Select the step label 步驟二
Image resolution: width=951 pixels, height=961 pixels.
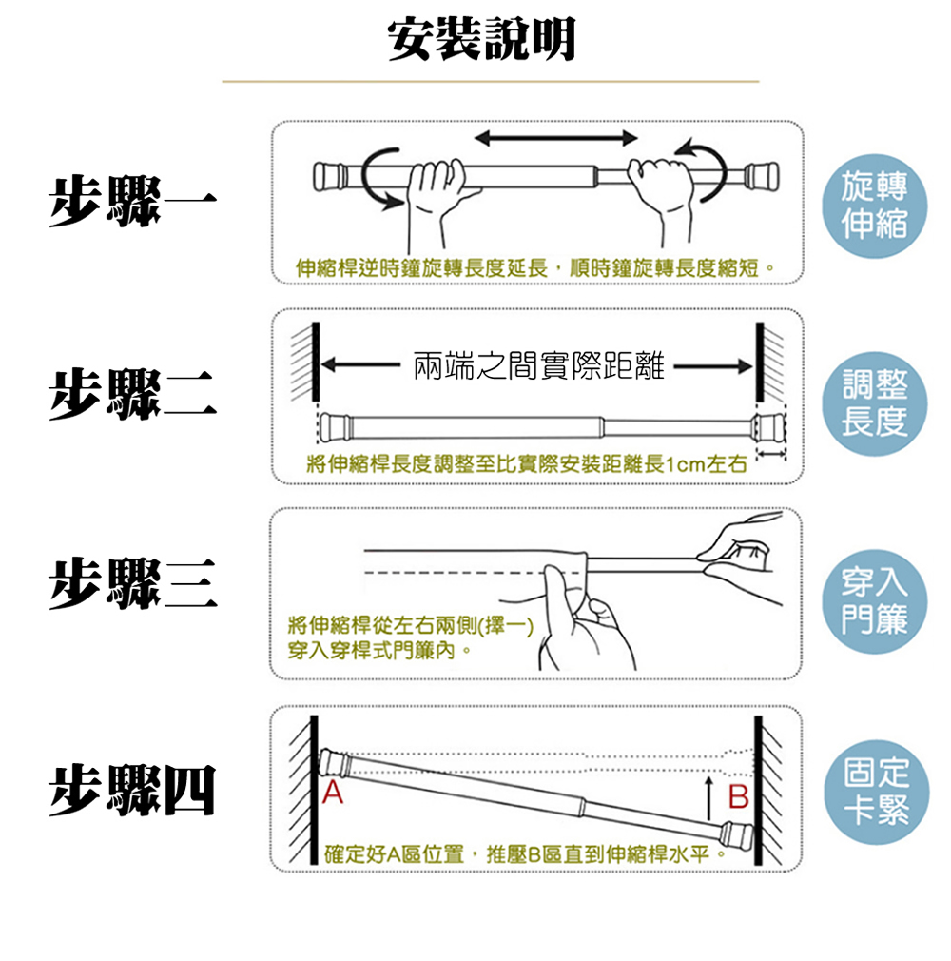point(133,392)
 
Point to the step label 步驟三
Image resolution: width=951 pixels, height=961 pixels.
point(133,582)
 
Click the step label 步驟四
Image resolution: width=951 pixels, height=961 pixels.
point(133,790)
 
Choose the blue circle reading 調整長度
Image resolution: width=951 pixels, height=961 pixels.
point(874,403)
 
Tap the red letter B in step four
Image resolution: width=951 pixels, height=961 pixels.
point(738,795)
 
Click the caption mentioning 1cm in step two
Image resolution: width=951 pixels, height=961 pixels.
point(522,465)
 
